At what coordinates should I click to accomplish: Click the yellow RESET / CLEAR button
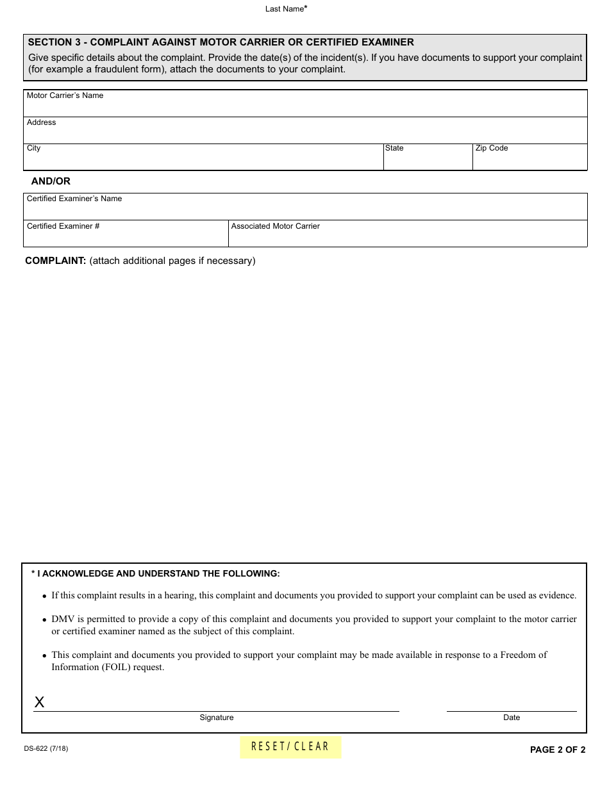pyautogui.click(x=290, y=747)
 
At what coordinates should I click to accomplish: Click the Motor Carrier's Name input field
pyautogui.click(x=305, y=106)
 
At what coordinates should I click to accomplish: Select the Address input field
pyautogui.click(x=305, y=133)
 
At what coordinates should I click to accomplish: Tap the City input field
pyautogui.click(x=203, y=160)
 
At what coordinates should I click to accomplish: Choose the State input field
pyautogui.click(x=428, y=160)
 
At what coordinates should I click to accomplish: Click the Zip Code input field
pyautogui.click(x=530, y=160)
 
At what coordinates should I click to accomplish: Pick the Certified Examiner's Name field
pyautogui.click(x=305, y=210)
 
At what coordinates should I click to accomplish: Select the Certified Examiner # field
pyautogui.click(x=126, y=237)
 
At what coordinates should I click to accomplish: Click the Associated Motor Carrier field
pyautogui.click(x=408, y=237)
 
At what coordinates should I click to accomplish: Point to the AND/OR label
pyautogui.click(x=51, y=181)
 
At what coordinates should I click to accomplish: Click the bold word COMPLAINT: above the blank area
pyautogui.click(x=55, y=261)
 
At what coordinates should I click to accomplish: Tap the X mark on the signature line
pyautogui.click(x=39, y=702)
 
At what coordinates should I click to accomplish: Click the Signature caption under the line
pyautogui.click(x=217, y=718)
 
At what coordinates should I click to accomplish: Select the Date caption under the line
pyautogui.click(x=512, y=718)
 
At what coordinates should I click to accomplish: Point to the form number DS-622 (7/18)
pyautogui.click(x=46, y=748)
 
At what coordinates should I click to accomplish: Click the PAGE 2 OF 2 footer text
pyautogui.click(x=557, y=750)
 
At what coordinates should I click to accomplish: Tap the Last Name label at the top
pyautogui.click(x=285, y=9)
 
